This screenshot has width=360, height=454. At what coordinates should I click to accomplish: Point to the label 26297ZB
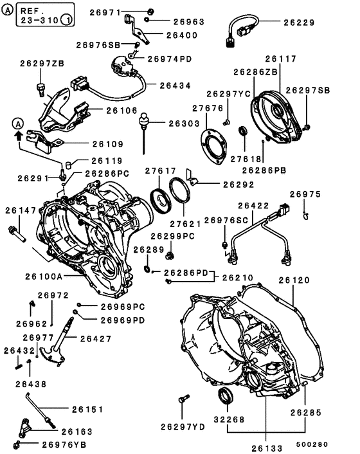[x=42, y=64]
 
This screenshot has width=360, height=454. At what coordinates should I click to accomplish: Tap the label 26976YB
[x=64, y=444]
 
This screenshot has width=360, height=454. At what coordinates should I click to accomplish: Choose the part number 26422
[x=253, y=206]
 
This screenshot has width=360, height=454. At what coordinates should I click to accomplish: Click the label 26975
[x=305, y=194]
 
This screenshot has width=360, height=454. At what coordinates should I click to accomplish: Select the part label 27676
[x=208, y=109]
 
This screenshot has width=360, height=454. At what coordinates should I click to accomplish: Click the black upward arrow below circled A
[x=19, y=136]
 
